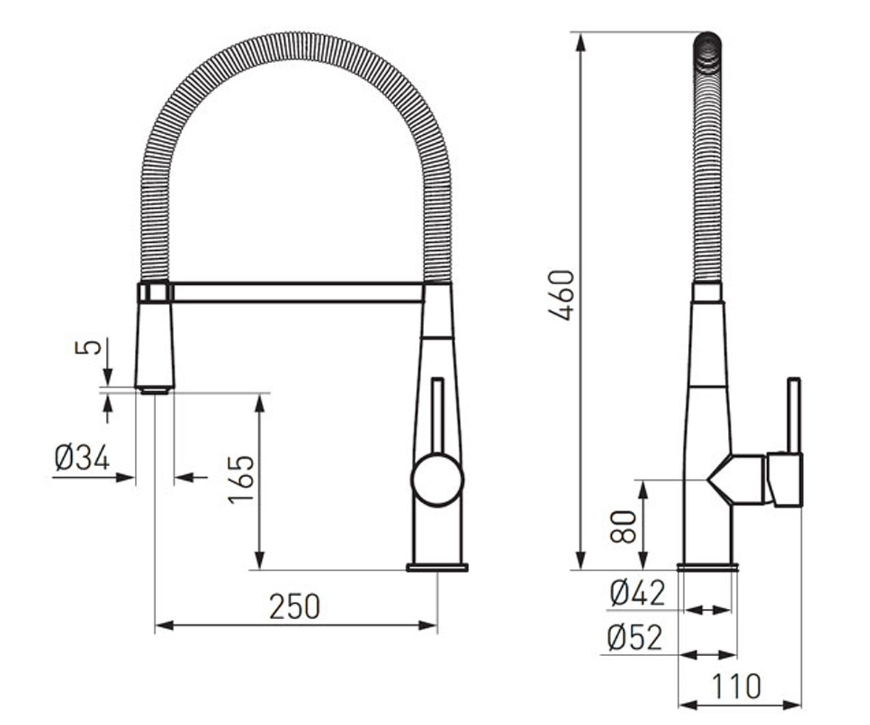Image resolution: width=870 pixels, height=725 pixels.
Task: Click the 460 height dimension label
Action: [x=562, y=295]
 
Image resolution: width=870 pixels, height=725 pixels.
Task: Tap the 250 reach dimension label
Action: [x=294, y=607]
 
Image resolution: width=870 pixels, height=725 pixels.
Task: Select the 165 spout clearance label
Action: [x=241, y=479]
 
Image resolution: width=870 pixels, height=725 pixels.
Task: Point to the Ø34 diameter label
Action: [x=82, y=457]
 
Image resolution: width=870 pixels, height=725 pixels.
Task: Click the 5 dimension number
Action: [x=88, y=347]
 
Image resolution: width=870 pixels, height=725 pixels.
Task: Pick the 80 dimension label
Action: [x=623, y=526]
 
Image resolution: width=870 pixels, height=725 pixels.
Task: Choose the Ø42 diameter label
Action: [x=637, y=593]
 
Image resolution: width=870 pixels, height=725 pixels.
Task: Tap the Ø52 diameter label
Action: [x=635, y=637]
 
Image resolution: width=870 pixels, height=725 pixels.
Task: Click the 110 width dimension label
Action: [x=737, y=687]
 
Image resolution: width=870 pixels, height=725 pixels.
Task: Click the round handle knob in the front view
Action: [x=437, y=480]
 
